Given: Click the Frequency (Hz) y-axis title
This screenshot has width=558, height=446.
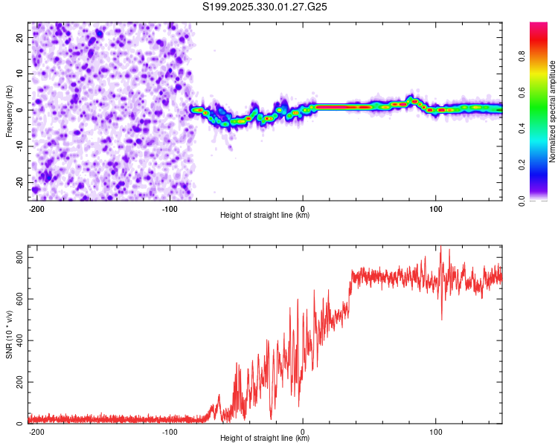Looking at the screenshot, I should point(9,111).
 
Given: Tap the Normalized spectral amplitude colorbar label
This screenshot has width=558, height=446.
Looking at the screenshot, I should point(552,111).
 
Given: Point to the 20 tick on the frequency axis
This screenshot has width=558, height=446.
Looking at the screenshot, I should point(20,37).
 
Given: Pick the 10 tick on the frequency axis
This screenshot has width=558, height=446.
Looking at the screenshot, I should point(20,74).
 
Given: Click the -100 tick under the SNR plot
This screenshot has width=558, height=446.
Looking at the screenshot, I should point(170,432).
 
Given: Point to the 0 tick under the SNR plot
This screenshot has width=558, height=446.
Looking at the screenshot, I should point(303,432).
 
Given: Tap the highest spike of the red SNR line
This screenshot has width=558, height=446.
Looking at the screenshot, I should point(440,248).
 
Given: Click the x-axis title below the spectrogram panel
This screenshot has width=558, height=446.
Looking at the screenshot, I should point(265,216).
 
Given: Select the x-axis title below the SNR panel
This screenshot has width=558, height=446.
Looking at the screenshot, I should point(265,439).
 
